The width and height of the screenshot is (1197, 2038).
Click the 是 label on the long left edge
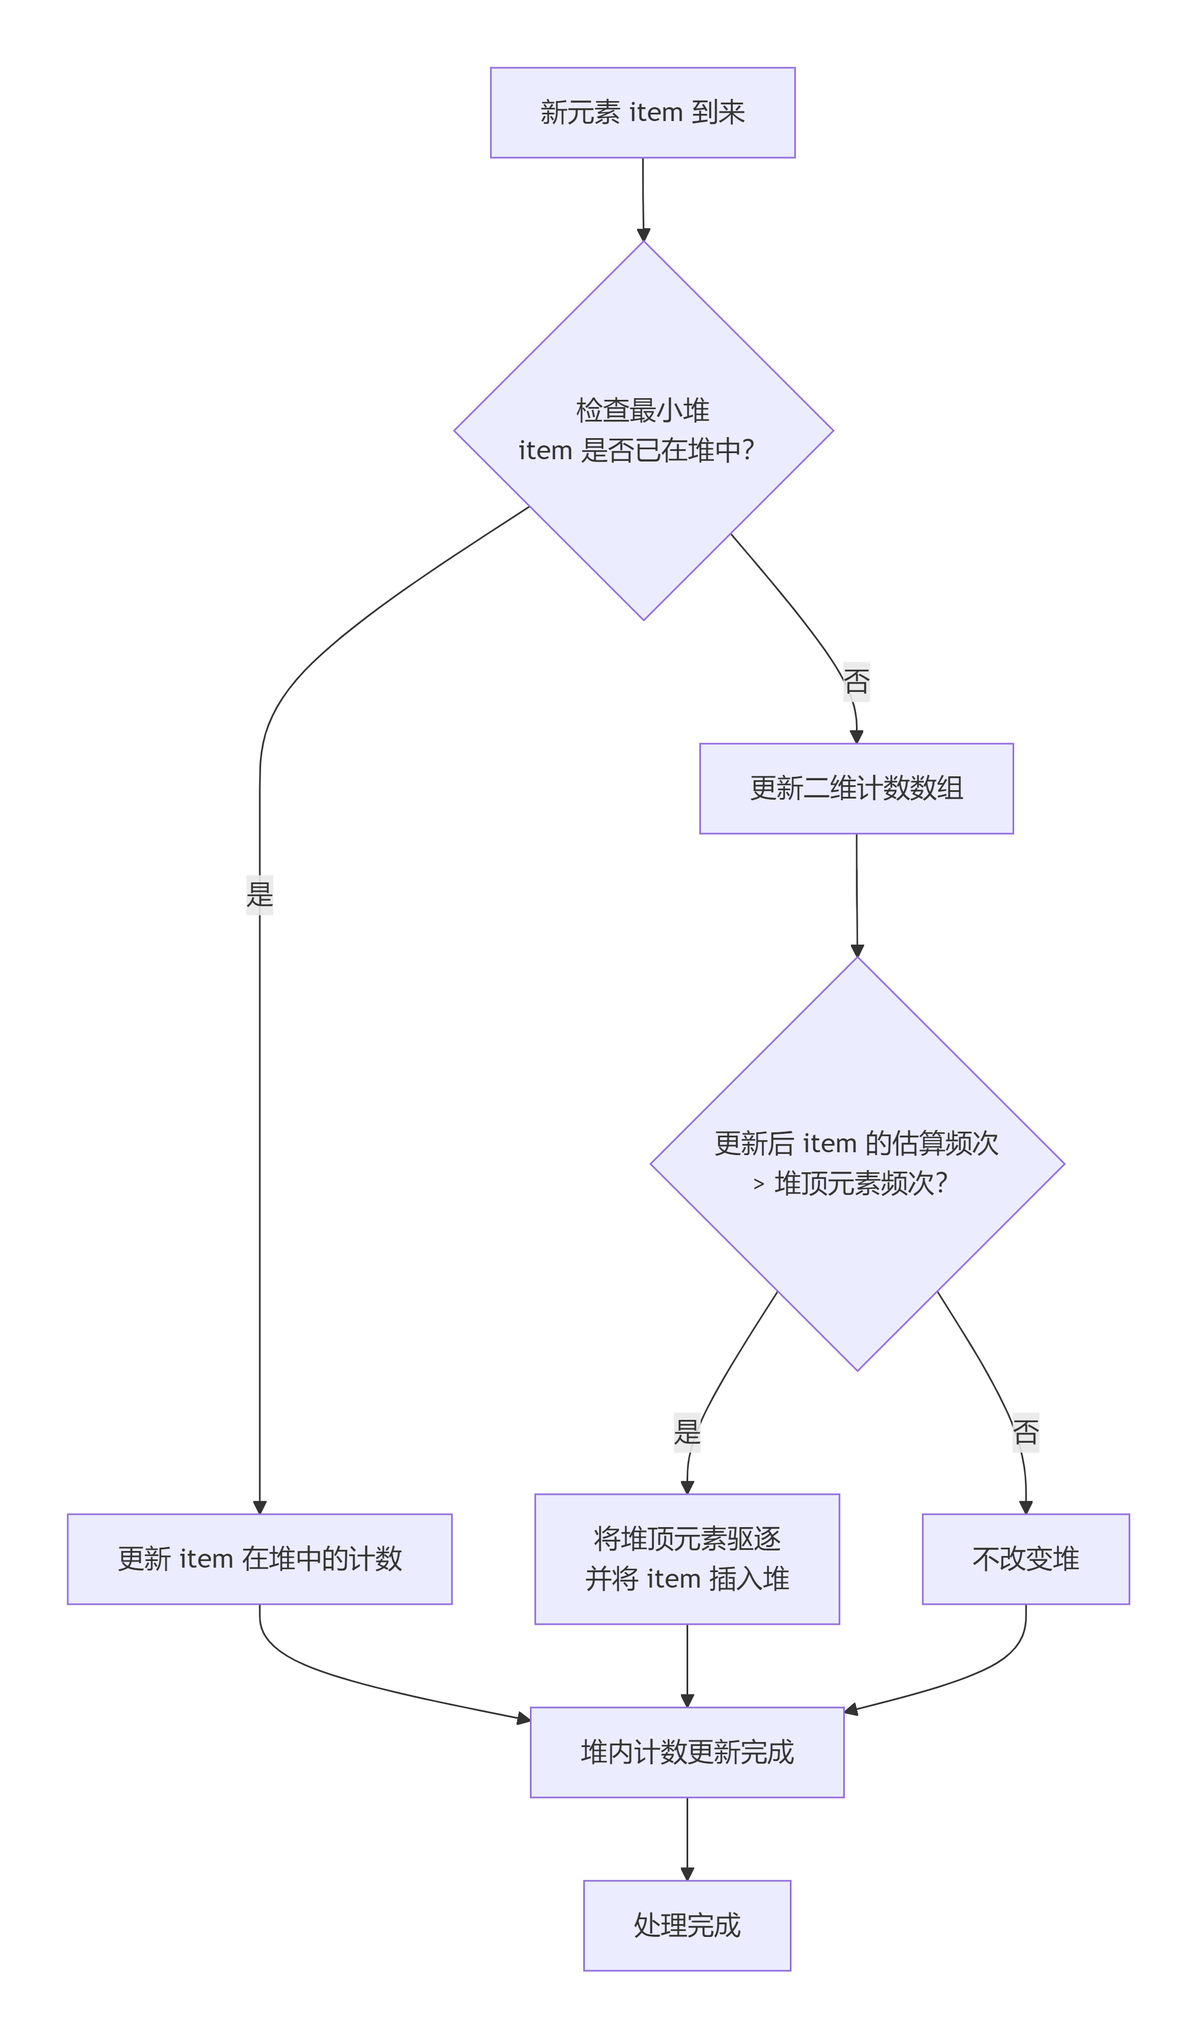coord(259,895)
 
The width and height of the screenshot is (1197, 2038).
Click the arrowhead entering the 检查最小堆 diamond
coord(644,234)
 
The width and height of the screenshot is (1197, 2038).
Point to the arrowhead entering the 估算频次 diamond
coord(857,950)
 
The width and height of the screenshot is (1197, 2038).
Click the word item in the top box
coord(656,112)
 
